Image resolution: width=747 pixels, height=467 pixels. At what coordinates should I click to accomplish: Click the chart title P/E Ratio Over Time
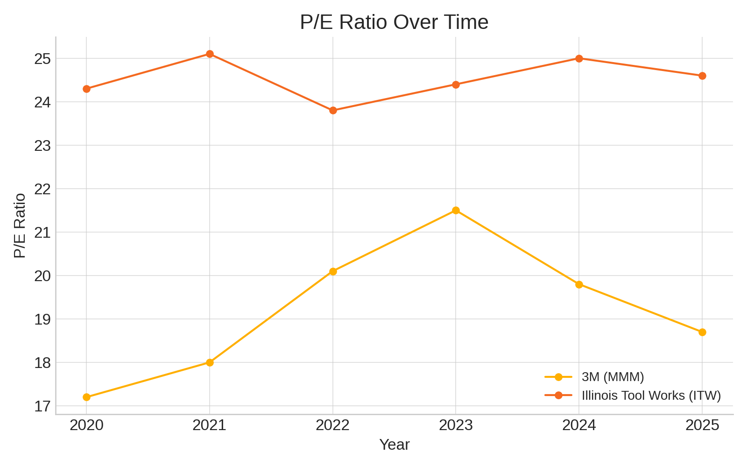394,22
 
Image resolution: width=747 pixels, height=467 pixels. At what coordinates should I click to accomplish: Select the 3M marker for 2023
456,210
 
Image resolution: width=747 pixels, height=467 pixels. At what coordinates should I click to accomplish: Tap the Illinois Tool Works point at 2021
210,54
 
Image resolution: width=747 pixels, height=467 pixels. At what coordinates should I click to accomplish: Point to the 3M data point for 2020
86,397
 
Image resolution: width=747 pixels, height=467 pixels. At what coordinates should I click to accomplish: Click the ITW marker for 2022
333,110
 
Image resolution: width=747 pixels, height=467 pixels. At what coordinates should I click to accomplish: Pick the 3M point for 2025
702,332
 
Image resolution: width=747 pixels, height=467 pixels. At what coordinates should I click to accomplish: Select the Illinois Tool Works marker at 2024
579,58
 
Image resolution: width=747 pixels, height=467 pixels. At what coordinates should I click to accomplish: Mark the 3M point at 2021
210,362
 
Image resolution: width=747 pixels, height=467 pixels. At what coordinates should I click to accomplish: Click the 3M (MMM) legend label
613,377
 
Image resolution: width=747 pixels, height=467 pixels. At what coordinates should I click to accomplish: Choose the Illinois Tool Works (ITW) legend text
651,396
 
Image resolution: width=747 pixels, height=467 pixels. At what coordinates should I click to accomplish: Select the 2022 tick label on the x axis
333,425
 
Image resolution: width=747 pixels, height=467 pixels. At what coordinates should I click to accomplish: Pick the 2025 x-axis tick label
702,425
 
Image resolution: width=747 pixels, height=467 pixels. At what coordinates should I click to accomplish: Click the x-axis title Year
394,445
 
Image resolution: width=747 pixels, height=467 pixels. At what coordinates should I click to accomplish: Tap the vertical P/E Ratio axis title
20,225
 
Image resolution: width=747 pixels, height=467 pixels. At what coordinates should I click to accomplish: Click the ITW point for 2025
702,76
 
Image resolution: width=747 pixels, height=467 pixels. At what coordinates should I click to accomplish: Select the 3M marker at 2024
579,284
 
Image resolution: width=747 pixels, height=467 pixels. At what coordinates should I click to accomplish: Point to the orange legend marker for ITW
558,396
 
